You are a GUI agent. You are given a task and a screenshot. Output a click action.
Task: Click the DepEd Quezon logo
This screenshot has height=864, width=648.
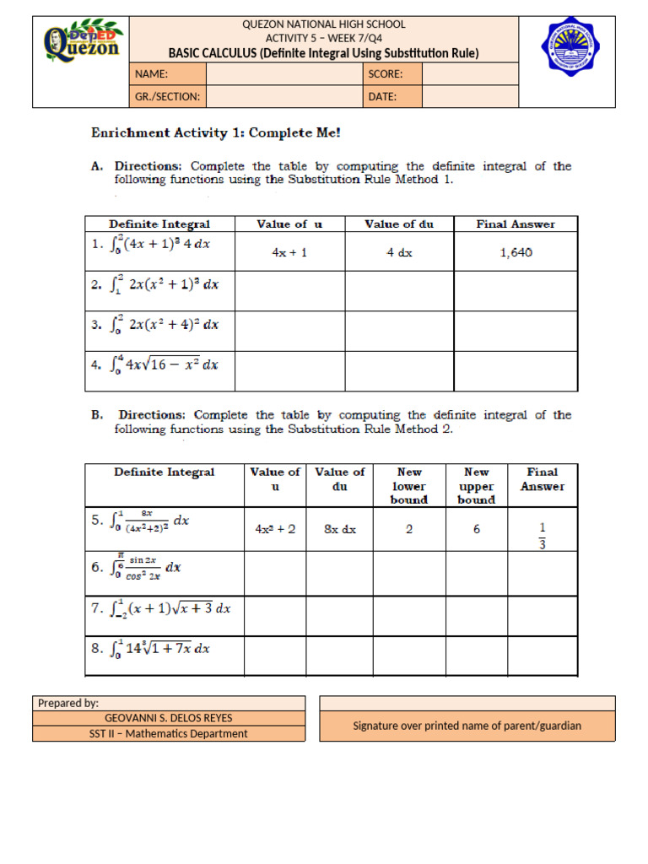click(82, 41)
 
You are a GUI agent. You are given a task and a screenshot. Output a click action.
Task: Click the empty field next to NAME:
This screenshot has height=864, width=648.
click(283, 74)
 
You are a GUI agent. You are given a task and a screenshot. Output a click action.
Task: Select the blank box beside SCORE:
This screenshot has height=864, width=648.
click(470, 74)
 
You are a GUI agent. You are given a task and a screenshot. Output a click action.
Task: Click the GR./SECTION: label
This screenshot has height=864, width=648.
click(168, 96)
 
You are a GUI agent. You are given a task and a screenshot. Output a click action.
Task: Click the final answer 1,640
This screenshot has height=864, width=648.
click(516, 252)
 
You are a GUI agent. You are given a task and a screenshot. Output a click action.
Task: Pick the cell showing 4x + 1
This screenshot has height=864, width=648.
click(289, 252)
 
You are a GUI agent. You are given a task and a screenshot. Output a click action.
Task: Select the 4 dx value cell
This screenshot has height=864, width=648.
click(399, 252)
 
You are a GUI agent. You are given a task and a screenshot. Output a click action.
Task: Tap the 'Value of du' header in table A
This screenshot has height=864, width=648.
click(399, 224)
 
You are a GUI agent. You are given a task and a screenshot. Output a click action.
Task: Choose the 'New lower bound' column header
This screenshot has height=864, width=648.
click(408, 485)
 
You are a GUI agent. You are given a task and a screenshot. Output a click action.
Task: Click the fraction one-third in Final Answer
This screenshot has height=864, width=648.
click(543, 535)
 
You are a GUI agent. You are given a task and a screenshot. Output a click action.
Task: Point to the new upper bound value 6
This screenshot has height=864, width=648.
click(476, 530)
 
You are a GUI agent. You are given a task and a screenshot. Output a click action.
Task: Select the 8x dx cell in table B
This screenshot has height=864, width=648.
click(340, 530)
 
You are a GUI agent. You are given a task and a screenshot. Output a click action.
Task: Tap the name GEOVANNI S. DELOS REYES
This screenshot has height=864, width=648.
click(168, 718)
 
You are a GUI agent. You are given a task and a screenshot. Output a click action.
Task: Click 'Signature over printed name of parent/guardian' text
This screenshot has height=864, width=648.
click(467, 726)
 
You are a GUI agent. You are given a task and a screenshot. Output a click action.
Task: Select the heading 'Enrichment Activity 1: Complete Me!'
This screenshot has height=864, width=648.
click(216, 133)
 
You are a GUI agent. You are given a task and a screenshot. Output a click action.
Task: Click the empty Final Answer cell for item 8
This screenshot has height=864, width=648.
click(543, 656)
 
